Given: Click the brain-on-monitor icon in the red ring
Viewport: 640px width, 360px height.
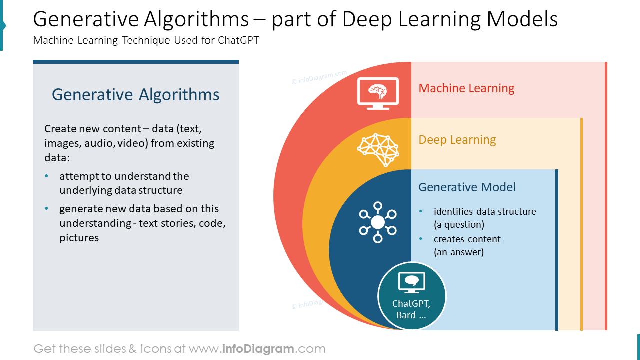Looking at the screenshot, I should pos(378,93).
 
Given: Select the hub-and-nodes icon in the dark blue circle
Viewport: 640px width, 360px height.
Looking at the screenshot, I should pos(378,222).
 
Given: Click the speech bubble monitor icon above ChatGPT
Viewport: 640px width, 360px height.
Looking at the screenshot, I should pos(411,282).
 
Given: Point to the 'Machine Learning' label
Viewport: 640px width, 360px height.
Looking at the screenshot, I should pos(466,88).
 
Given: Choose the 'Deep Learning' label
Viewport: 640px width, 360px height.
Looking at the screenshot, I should pos(457,140).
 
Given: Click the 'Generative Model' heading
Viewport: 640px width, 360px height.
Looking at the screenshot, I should pos(467,187).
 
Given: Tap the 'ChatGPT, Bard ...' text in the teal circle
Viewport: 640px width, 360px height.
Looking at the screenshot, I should pos(411,309).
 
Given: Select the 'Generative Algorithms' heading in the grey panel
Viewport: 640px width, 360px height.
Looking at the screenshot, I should pos(136,95).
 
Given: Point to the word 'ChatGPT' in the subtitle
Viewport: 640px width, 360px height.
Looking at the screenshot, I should pos(238,41).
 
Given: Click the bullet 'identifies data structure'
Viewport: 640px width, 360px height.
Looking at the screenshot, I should pos(485,212).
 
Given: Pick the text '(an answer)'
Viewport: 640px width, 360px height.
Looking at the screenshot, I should pos(459,252).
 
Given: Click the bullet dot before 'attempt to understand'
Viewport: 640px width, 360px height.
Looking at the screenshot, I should pos(47,176).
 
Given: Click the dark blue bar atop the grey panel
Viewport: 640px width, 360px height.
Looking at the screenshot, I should pos(136,62).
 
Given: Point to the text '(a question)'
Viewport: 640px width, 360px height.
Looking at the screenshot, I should pos(459,225).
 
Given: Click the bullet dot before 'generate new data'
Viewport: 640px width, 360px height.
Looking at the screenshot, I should pos(47,209).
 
